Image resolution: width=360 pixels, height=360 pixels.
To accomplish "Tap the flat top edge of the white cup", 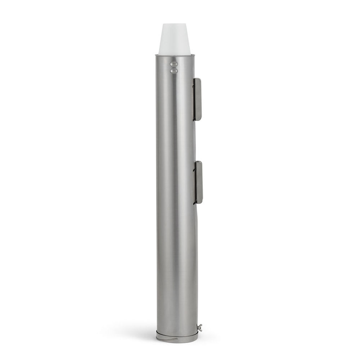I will point(175,24).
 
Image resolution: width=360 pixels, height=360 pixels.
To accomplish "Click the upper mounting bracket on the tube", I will point(197,99).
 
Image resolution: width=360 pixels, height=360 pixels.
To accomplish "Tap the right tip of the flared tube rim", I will point(195,55).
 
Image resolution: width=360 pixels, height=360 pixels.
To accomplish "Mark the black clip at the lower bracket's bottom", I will point(195,203).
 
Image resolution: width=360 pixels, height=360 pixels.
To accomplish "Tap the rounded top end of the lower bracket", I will point(198,163).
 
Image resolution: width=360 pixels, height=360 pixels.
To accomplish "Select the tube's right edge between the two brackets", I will point(194,140).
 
